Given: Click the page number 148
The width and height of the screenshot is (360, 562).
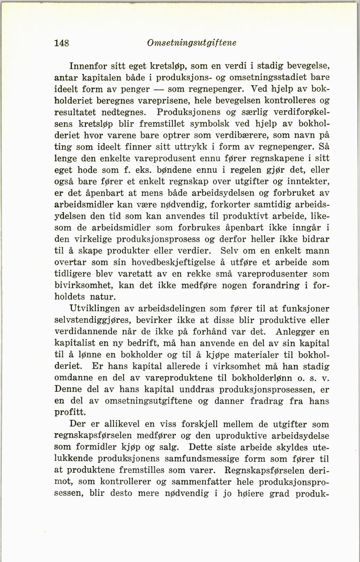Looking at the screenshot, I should coord(62,43).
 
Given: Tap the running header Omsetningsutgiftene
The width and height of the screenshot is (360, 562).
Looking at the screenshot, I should coord(192,43).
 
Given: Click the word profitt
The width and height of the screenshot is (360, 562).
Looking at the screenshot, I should coord(70,412).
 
